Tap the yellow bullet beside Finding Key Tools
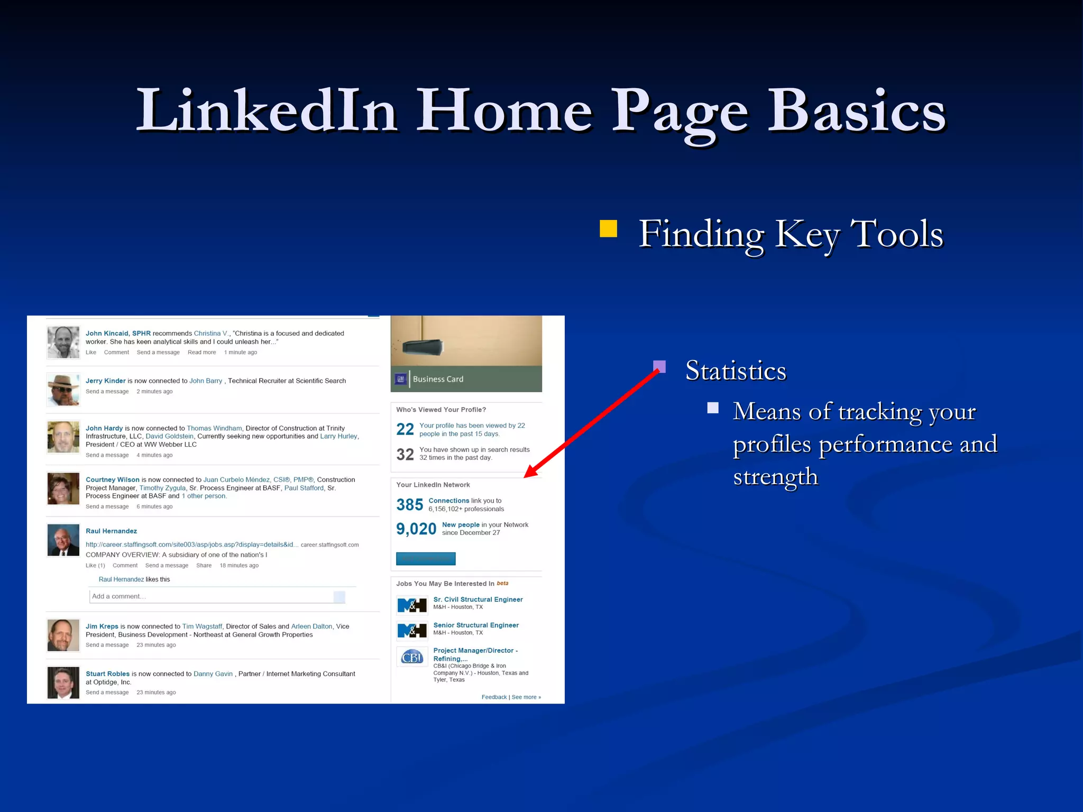pyautogui.click(x=608, y=229)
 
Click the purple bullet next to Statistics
pyautogui.click(x=659, y=366)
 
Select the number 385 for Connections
pyautogui.click(x=409, y=505)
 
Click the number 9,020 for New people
pyautogui.click(x=416, y=529)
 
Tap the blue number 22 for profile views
pyautogui.click(x=405, y=429)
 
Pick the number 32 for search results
pyautogui.click(x=405, y=454)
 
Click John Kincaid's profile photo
pyautogui.click(x=63, y=342)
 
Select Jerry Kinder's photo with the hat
pyautogui.click(x=63, y=390)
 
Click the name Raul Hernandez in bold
pyautogui.click(x=111, y=531)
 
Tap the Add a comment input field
pyautogui.click(x=212, y=596)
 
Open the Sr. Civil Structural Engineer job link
pyautogui.click(x=478, y=599)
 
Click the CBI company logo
pyautogui.click(x=412, y=657)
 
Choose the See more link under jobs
pyautogui.click(x=526, y=697)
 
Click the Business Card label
pyautogui.click(x=438, y=379)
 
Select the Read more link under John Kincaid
pyautogui.click(x=201, y=353)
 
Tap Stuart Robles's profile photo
pyautogui.click(x=63, y=682)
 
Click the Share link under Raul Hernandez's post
pyautogui.click(x=204, y=566)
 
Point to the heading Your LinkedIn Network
pyautogui.click(x=433, y=485)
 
